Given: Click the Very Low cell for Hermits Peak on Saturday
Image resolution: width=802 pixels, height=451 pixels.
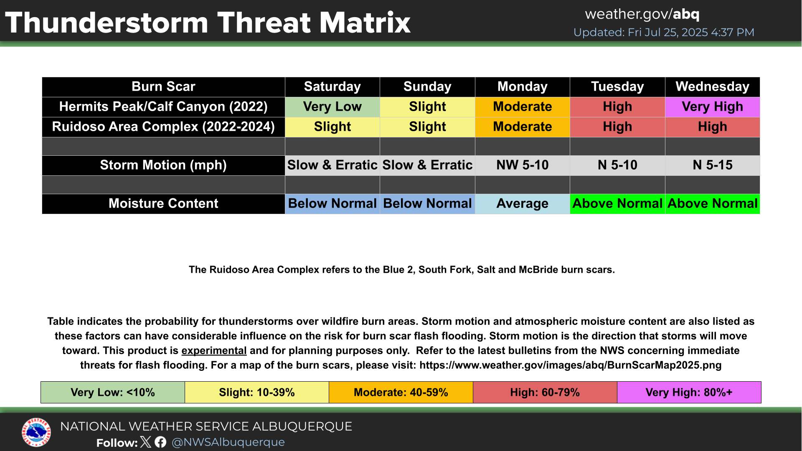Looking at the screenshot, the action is [332, 107].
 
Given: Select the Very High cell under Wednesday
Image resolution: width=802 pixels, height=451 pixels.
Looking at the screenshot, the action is [713, 107].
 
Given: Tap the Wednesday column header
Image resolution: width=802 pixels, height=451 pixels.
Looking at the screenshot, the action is [713, 87].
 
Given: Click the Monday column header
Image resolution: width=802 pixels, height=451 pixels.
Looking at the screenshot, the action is [523, 87].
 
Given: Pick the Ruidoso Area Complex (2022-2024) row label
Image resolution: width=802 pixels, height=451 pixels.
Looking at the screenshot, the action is [163, 127].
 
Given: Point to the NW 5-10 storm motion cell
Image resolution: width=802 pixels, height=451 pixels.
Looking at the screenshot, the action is [523, 165].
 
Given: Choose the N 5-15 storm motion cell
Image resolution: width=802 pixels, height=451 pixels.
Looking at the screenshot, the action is [713, 165].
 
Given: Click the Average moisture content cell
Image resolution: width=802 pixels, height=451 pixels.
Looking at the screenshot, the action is [523, 204].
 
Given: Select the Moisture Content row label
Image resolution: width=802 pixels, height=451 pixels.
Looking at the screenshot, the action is [163, 204].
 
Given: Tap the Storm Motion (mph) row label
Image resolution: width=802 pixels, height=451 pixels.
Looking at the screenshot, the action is [163, 165].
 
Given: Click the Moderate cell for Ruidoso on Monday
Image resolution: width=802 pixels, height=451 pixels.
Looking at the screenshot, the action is [523, 127].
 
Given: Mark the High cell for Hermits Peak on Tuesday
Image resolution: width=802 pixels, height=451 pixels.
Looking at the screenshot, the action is [617, 107].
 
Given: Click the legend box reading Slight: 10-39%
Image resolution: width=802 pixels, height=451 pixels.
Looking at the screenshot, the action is [257, 393].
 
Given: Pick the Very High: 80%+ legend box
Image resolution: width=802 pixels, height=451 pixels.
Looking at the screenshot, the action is [689, 393].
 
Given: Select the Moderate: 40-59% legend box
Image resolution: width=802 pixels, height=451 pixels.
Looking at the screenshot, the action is [401, 393].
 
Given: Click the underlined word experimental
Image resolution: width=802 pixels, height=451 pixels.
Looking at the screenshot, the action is [214, 351].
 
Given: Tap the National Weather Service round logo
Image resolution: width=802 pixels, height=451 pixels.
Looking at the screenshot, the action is [36, 432].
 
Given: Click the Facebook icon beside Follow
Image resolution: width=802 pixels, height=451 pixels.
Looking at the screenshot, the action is [160, 442].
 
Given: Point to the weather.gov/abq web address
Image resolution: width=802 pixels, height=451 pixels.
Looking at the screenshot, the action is [642, 14].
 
